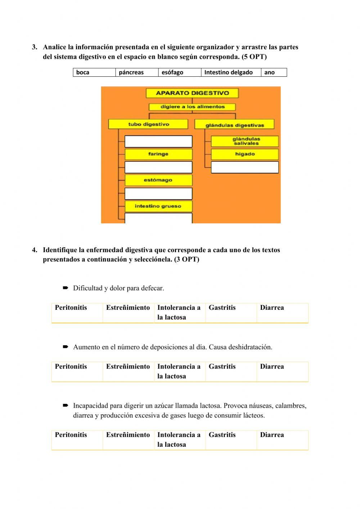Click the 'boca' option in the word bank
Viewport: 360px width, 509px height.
click(94, 72)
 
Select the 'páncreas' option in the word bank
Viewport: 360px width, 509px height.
click(137, 72)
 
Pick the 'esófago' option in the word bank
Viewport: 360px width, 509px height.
click(179, 72)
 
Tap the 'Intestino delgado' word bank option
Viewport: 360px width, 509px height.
click(231, 72)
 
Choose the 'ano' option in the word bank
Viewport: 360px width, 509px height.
click(274, 72)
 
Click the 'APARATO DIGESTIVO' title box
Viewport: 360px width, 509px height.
click(192, 93)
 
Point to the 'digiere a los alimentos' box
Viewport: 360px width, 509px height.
click(192, 107)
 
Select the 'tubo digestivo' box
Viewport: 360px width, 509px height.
click(148, 124)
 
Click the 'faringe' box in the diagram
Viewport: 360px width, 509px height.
click(158, 154)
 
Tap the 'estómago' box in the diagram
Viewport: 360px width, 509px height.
click(158, 180)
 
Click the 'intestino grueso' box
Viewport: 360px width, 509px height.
click(158, 206)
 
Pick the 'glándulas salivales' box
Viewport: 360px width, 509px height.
click(245, 141)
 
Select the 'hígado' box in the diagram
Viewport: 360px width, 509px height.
click(245, 154)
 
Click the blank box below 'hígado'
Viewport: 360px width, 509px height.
click(245, 167)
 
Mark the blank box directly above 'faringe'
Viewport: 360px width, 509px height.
click(158, 141)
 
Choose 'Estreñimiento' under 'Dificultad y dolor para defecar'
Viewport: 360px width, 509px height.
click(128, 308)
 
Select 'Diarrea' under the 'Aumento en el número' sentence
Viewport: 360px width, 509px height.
click(272, 367)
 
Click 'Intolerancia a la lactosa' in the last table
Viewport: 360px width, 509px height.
click(179, 439)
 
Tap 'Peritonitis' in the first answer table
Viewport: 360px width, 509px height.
click(71, 308)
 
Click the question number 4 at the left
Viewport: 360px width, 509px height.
click(35, 250)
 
